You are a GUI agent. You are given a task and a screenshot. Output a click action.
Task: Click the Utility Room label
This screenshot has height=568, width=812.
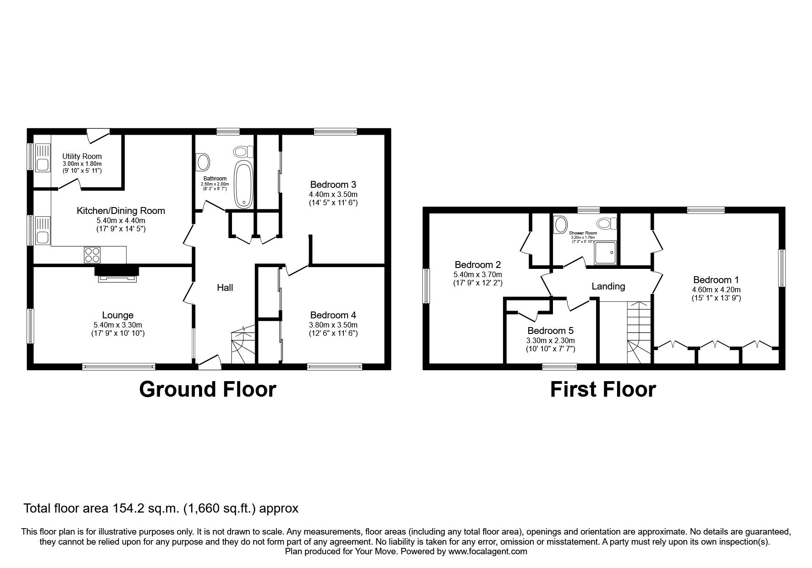pos(82,156)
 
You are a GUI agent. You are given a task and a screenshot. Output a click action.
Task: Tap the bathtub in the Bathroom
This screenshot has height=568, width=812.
pos(243,183)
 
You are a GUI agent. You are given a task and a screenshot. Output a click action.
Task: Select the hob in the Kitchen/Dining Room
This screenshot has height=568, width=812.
pos(92,254)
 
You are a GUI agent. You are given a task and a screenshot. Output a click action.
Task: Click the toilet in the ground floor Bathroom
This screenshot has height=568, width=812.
pos(243,151)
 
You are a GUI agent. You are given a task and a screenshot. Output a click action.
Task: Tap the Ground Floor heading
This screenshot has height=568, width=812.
pos(207,389)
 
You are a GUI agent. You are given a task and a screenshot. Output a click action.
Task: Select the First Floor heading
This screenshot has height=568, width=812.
pos(602,389)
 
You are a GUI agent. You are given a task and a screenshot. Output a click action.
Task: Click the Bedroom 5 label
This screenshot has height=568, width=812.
pos(550,331)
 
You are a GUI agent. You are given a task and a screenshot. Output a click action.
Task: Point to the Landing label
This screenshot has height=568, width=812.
pos(608,286)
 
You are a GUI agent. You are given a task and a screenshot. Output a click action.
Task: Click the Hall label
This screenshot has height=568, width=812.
pos(225,288)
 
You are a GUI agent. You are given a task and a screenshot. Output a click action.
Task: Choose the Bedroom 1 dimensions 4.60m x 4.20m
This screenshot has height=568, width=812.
pos(716,289)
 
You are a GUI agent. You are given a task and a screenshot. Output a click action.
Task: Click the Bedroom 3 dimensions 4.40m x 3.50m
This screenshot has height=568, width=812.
pos(333,194)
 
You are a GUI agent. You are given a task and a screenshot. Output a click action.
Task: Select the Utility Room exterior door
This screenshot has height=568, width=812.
pos(99,133)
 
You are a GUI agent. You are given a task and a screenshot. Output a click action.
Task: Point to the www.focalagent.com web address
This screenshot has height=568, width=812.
pos(487,552)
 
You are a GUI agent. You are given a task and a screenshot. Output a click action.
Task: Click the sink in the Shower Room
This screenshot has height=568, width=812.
pos(560,224)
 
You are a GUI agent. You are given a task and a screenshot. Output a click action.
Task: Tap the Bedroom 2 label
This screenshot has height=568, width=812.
pos(477,265)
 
